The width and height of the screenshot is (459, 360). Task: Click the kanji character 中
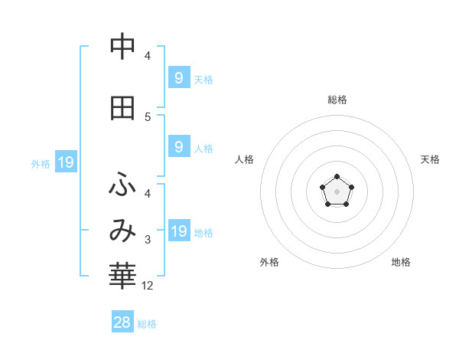(122, 47)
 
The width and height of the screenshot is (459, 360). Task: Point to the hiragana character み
(122, 230)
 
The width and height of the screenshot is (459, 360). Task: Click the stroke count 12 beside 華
(148, 286)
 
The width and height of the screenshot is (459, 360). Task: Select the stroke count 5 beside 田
(148, 116)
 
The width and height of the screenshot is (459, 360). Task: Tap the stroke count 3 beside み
(148, 240)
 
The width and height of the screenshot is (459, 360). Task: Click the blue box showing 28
(122, 322)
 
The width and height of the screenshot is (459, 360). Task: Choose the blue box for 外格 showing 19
(65, 162)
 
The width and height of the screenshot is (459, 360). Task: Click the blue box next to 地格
(179, 231)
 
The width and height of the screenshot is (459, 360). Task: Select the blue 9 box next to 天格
(179, 77)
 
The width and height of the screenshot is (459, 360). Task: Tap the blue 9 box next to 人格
(179, 147)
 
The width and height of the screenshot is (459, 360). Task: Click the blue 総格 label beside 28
(147, 324)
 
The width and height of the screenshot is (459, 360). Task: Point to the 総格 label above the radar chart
(337, 100)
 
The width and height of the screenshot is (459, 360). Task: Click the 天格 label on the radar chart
(430, 159)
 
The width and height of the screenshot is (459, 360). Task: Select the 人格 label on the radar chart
(244, 159)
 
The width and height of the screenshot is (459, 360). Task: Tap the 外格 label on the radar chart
(269, 263)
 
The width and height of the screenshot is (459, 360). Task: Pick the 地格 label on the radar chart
(401, 263)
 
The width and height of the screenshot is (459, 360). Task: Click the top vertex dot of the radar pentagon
(337, 178)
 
